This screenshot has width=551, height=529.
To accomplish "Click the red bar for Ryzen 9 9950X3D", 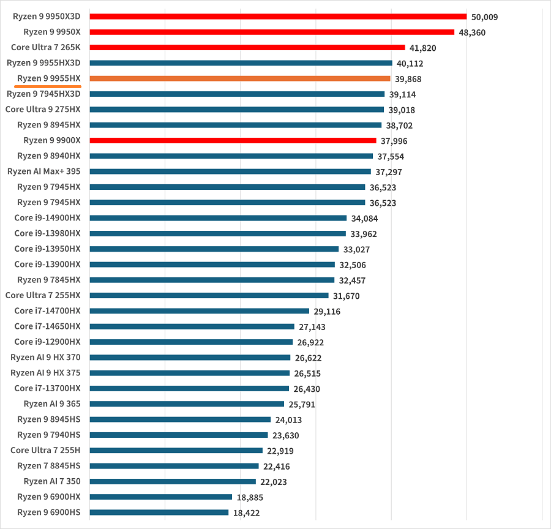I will coord(278,17).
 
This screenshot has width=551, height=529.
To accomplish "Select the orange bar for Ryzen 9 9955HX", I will coord(240,78).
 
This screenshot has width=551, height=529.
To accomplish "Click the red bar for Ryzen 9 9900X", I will coord(233,140).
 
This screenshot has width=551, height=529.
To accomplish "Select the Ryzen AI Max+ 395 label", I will coord(44,171).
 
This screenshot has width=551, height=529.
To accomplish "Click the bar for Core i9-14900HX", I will coord(218,218).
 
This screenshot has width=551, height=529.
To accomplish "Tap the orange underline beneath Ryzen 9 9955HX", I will coord(52,86).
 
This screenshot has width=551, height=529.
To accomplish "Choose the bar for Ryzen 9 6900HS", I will coord(159,512).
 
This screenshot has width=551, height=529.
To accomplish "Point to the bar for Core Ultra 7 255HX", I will coord(209,295).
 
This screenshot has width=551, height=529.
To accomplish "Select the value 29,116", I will coord(328,312).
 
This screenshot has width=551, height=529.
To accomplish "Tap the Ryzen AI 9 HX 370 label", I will coord(46,358).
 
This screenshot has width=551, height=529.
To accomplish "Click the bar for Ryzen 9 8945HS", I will coord(180,419).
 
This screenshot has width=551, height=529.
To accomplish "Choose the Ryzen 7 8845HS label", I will coord(49,466).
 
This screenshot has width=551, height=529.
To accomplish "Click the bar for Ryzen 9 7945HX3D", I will coord(237,94).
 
